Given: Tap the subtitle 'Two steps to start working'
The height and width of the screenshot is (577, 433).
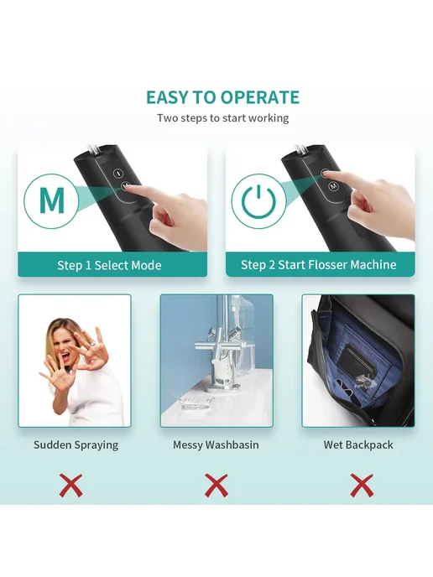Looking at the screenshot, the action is (222, 118).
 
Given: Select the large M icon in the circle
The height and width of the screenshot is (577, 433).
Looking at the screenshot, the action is (52, 200).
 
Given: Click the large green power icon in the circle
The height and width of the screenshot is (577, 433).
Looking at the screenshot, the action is (258, 201).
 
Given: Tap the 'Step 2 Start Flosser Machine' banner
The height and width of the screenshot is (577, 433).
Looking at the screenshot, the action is (320, 264).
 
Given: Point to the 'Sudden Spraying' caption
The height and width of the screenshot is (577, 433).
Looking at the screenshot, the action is (76, 444).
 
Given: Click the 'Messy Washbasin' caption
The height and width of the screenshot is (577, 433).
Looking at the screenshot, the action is (216, 444).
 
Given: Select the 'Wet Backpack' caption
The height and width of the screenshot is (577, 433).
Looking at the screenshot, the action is (358, 444).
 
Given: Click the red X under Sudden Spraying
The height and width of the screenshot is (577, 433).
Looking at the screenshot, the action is (70, 486).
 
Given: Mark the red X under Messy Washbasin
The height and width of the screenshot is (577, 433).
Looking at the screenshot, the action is (216, 486).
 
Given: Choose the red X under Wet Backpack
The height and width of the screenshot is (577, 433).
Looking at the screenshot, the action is (362, 486).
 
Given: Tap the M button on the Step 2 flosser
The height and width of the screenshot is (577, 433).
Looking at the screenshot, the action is (334, 186).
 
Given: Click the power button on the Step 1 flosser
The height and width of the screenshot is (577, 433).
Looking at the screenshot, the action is (117, 172).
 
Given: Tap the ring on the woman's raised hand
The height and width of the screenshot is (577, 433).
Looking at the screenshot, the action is (93, 344).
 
